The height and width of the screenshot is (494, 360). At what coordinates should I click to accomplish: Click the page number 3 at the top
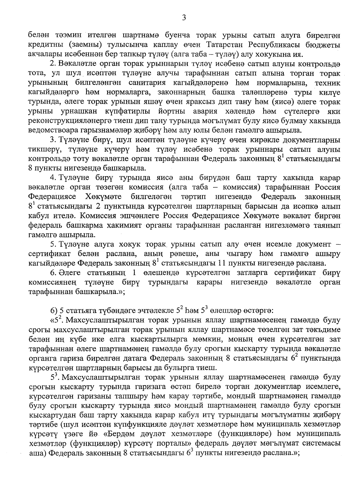[184, 18]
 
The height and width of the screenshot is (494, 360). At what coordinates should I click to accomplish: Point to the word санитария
[154, 83]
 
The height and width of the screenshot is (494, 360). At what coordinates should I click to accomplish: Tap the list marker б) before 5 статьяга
[54, 311]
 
